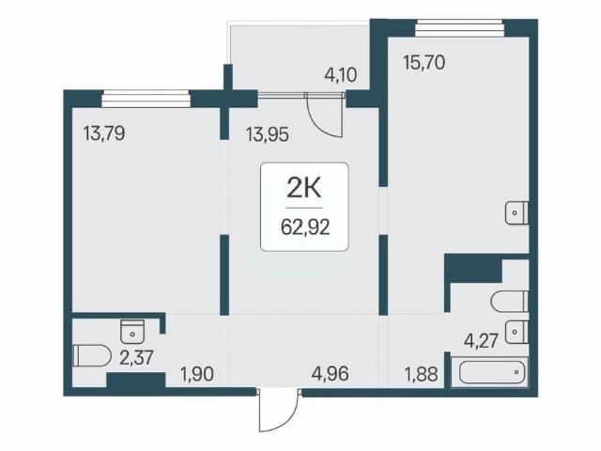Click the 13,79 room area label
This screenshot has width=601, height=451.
pyautogui.click(x=104, y=134)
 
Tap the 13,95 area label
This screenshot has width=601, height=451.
pyautogui.click(x=268, y=135)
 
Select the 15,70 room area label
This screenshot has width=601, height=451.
pyautogui.click(x=424, y=63)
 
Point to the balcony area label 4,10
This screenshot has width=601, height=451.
pyautogui.click(x=341, y=75)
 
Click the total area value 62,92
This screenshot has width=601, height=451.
pyautogui.click(x=305, y=227)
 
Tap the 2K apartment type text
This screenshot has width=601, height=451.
pyautogui.click(x=304, y=189)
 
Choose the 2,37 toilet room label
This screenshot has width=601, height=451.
pyautogui.click(x=137, y=358)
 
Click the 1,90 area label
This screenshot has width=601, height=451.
pyautogui.click(x=197, y=374)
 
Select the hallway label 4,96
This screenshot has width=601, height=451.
pyautogui.click(x=331, y=374)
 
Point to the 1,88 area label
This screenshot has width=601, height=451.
pyautogui.click(x=422, y=374)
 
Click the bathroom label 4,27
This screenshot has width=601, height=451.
pyautogui.click(x=481, y=340)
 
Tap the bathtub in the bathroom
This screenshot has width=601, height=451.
pyautogui.click(x=489, y=372)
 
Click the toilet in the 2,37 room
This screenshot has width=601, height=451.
pyautogui.click(x=92, y=355)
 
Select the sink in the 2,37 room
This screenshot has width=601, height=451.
pyautogui.click(x=132, y=332)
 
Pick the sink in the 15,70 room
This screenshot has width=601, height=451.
pyautogui.click(x=516, y=212)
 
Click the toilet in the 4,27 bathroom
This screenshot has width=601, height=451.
pyautogui.click(x=510, y=302)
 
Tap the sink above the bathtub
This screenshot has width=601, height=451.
pyautogui.click(x=516, y=332)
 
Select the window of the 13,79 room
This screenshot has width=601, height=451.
pyautogui.click(x=146, y=99)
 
